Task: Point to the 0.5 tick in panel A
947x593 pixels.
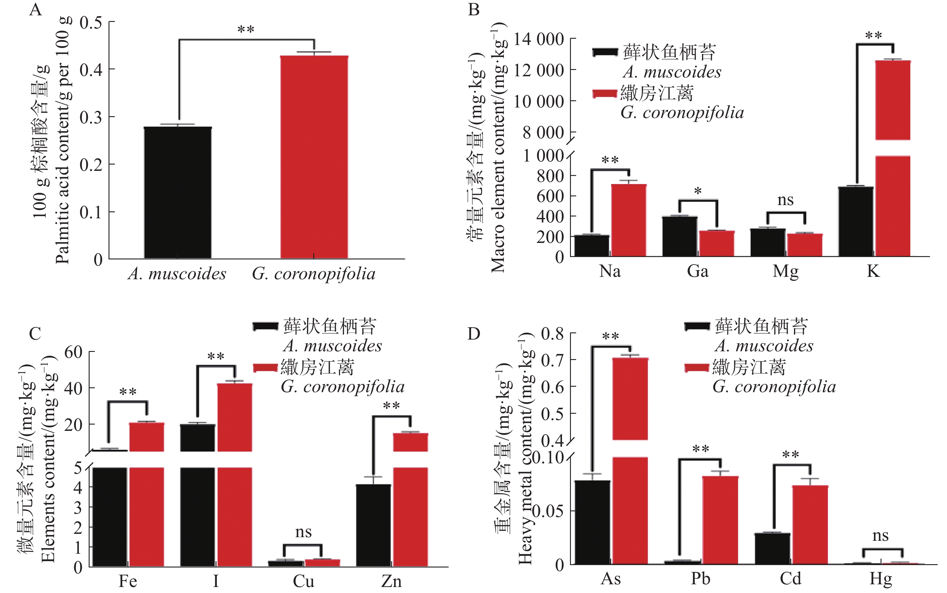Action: click(x=91, y=23)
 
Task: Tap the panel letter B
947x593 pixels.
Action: click(x=473, y=9)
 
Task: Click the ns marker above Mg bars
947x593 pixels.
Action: click(x=785, y=200)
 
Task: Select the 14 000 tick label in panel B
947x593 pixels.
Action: click(x=539, y=40)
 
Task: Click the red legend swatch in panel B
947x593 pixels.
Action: click(x=605, y=93)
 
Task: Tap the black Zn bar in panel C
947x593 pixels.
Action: click(x=373, y=525)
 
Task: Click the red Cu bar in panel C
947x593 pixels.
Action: click(x=322, y=562)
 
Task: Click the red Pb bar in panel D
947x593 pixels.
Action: click(x=720, y=520)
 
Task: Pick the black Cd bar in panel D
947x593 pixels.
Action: click(x=772, y=548)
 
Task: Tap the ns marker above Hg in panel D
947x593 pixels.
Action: click(x=880, y=536)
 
